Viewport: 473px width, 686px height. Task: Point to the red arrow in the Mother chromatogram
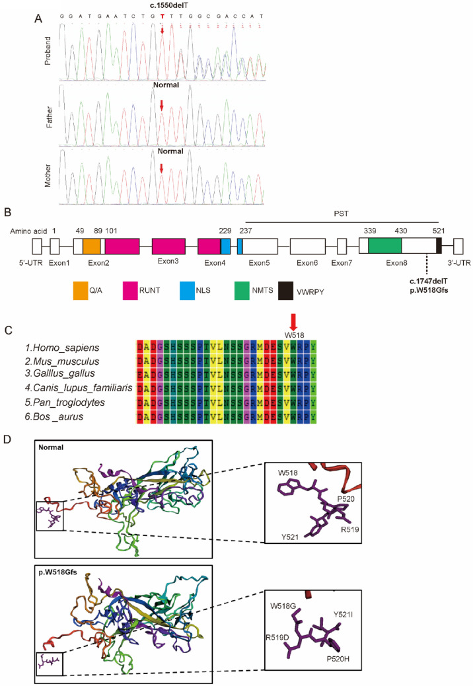pyautogui.click(x=162, y=169)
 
